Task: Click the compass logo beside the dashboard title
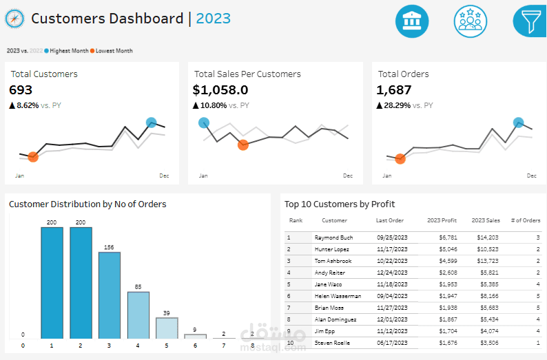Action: tap(14, 19)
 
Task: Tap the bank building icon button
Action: tap(412, 21)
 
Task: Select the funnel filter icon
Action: tap(530, 21)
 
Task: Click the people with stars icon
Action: tap(471, 21)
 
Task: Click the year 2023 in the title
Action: tap(214, 19)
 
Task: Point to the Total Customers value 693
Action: tap(21, 89)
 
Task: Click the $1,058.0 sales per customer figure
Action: tap(220, 89)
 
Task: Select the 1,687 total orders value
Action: tap(394, 89)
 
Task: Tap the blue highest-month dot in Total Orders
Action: tap(519, 123)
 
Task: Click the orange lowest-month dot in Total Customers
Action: tap(33, 158)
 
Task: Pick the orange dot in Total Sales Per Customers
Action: tap(243, 145)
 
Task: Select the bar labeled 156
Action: tap(109, 295)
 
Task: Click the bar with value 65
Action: tap(138, 315)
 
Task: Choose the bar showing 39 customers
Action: tap(167, 328)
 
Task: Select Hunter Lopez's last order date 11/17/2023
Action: tap(392, 248)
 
